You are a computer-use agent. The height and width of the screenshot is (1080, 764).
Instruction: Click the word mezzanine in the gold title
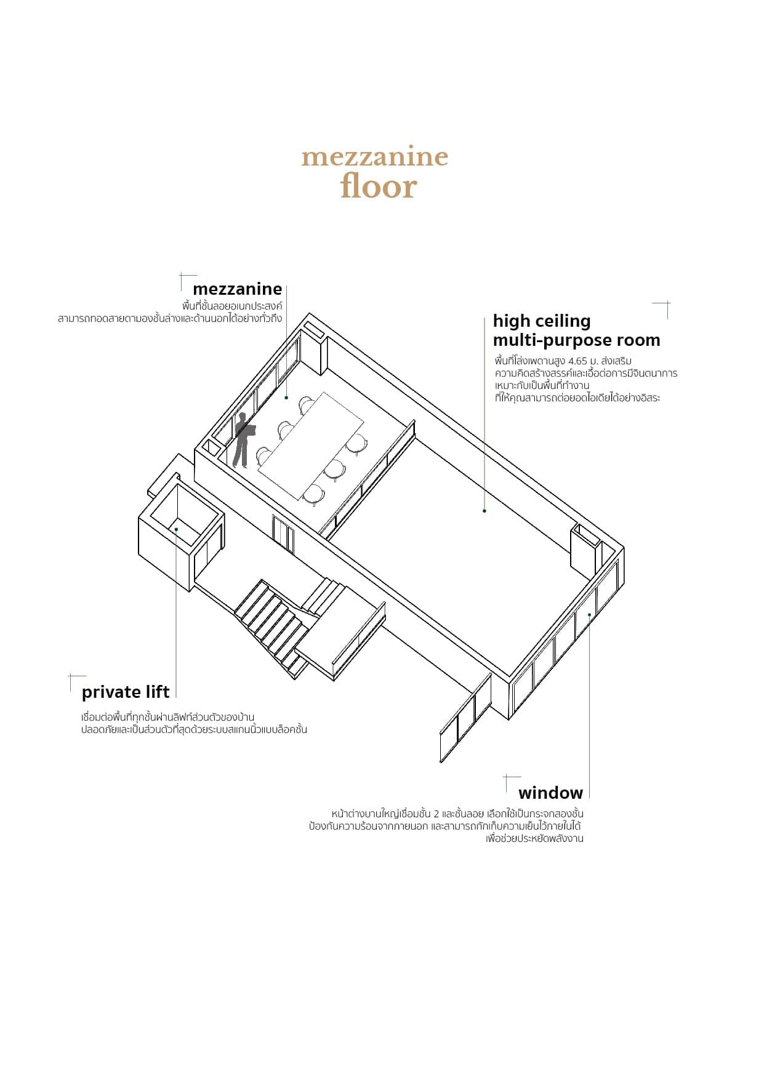click(x=374, y=157)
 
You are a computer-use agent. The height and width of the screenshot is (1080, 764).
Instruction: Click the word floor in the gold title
click(x=379, y=186)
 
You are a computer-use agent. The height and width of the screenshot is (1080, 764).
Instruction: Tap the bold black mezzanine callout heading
click(x=237, y=289)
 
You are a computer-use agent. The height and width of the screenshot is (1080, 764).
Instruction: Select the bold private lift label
click(x=126, y=692)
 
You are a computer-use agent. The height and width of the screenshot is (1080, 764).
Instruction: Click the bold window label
click(x=550, y=793)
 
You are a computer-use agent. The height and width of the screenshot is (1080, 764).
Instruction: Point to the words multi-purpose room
click(x=576, y=340)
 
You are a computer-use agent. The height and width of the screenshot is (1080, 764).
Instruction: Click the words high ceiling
click(x=542, y=321)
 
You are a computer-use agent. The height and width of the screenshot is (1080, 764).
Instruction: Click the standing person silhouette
click(x=243, y=441)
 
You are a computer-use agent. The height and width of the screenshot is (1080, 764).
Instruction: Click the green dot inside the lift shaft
click(x=176, y=529)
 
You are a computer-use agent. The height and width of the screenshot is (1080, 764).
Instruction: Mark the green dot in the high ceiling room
click(x=485, y=511)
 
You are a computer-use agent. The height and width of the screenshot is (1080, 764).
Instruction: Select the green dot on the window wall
click(x=589, y=614)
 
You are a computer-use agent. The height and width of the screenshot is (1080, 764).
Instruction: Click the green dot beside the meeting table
click(x=286, y=398)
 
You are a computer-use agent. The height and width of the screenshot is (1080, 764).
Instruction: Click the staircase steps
click(x=271, y=622)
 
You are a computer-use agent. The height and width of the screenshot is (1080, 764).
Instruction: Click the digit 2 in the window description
click(x=436, y=814)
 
